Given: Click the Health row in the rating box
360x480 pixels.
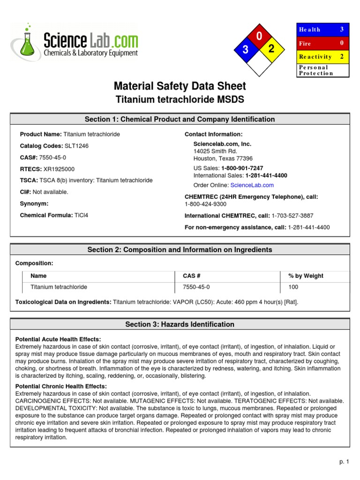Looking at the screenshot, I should [x=323, y=30].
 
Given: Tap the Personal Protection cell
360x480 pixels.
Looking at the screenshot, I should [x=323, y=70].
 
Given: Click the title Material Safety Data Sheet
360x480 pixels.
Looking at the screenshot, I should [x=180, y=86].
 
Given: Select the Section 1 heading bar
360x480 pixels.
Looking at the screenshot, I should [x=180, y=119].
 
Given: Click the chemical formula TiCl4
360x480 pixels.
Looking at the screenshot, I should [x=81, y=215].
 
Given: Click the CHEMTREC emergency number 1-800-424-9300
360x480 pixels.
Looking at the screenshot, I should [x=205, y=204].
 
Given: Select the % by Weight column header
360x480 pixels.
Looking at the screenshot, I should [x=306, y=276].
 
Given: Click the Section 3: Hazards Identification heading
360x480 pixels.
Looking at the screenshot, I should [x=180, y=324].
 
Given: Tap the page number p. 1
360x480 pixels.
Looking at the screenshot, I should [x=344, y=462].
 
